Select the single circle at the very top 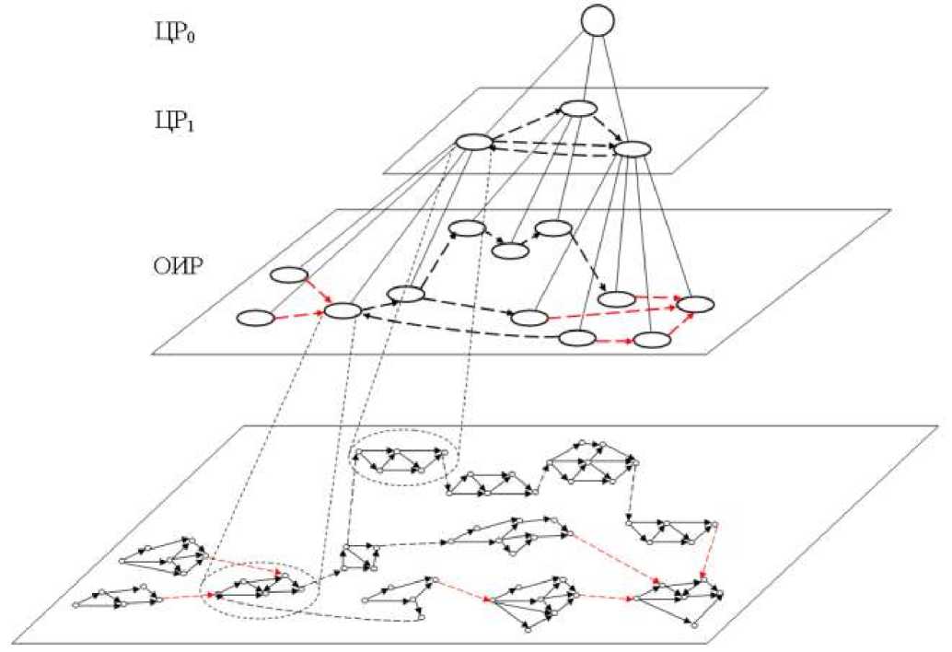pos(595,20)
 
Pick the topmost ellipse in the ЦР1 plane pos(580,109)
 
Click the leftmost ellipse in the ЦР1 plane pos(473,142)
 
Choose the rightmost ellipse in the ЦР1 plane pos(633,147)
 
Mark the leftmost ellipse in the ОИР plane pos(256,319)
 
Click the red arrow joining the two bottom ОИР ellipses pos(614,340)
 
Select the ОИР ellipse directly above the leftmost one pos(289,274)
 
